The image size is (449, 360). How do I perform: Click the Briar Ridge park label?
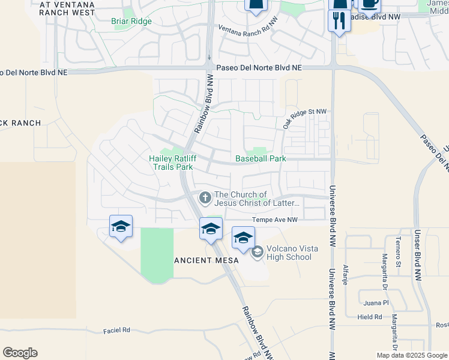pos(131,21)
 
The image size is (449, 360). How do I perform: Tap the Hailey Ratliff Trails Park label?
pos(171,163)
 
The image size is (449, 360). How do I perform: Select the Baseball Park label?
pos(261,158)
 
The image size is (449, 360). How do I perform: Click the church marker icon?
pos(205,197)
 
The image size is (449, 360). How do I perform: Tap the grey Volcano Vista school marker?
pos(258,252)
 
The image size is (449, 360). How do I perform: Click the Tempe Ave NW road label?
pos(276,220)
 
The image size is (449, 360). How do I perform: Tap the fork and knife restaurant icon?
pos(339,22)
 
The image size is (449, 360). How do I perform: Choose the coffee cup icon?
pos(369,4)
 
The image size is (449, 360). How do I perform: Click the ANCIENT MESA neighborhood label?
pos(206,260)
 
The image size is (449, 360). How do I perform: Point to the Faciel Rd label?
pos(116,330)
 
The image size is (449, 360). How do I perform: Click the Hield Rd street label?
pos(369,317)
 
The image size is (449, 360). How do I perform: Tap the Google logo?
pos(20,353)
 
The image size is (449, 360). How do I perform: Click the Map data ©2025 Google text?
pos(412,355)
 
